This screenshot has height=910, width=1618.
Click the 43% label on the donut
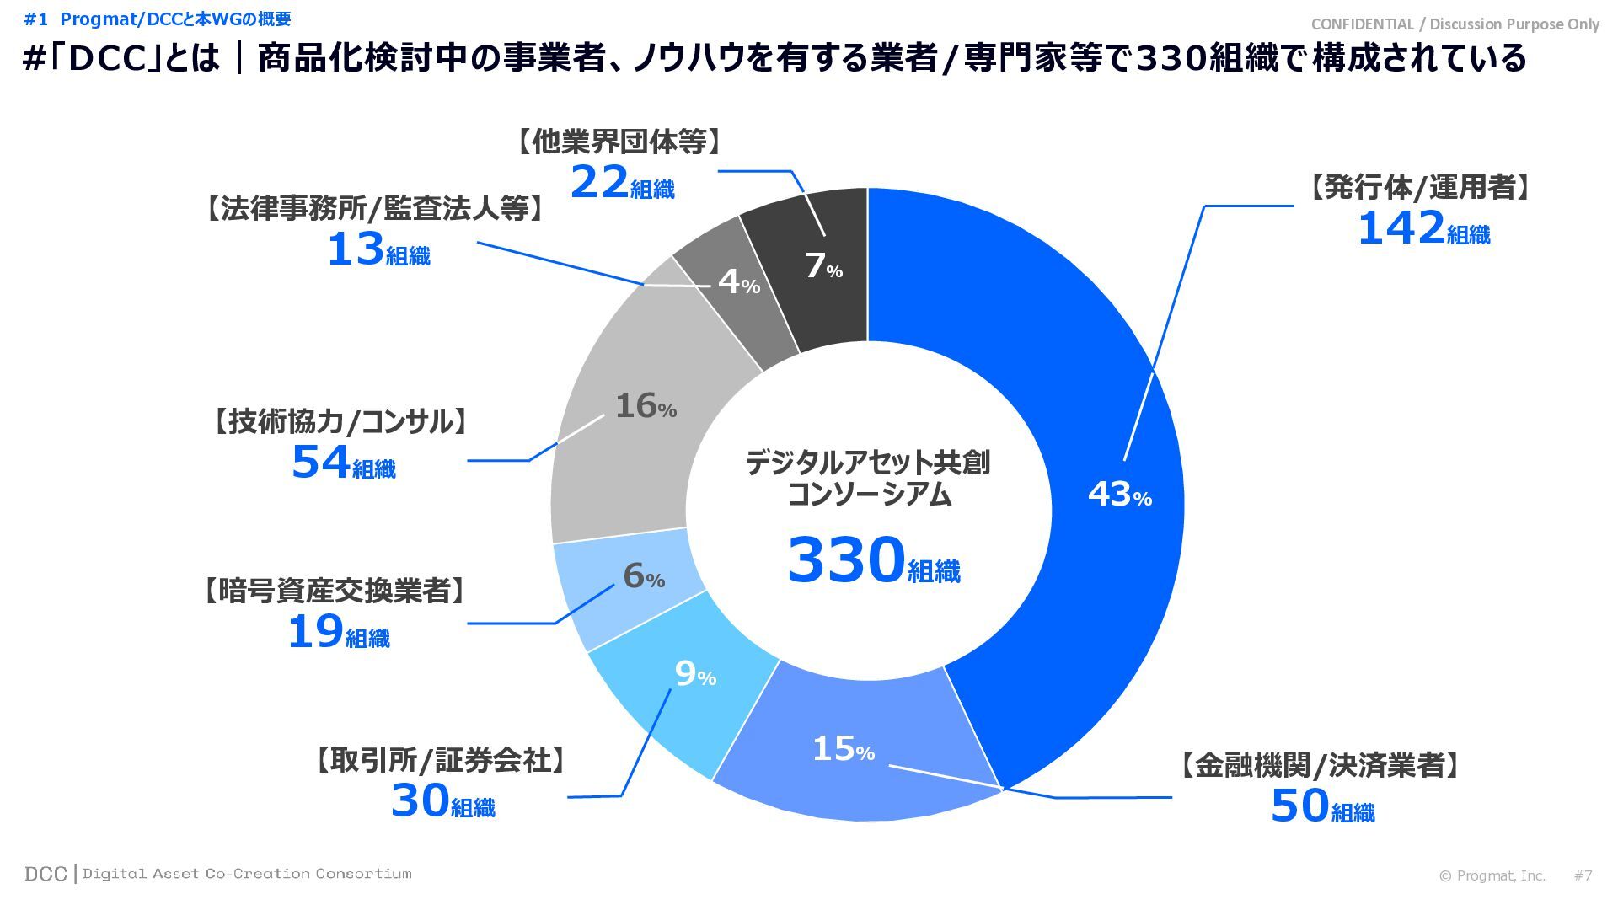[1119, 495]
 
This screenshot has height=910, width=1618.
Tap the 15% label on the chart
[843, 748]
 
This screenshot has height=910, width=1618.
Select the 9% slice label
[695, 674]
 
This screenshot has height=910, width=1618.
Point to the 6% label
[644, 576]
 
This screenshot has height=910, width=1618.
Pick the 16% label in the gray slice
[646, 406]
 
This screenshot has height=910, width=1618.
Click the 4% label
[738, 282]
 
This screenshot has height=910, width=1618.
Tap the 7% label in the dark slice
[823, 266]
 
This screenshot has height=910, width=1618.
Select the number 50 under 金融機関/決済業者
[1299, 806]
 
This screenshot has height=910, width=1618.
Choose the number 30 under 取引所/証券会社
[420, 800]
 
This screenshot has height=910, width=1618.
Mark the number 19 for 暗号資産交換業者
[315, 632]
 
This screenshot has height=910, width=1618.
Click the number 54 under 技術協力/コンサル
[320, 462]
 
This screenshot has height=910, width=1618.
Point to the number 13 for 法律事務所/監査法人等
[355, 249]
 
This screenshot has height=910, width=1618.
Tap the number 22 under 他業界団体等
[599, 183]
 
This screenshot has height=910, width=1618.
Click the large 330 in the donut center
[846, 559]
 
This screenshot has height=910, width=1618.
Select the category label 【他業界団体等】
[619, 142]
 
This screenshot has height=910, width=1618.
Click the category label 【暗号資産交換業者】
[335, 591]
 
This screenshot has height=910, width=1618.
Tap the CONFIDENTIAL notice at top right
[1455, 24]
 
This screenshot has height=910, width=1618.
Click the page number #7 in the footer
[1583, 875]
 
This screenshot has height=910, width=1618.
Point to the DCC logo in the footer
[46, 874]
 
